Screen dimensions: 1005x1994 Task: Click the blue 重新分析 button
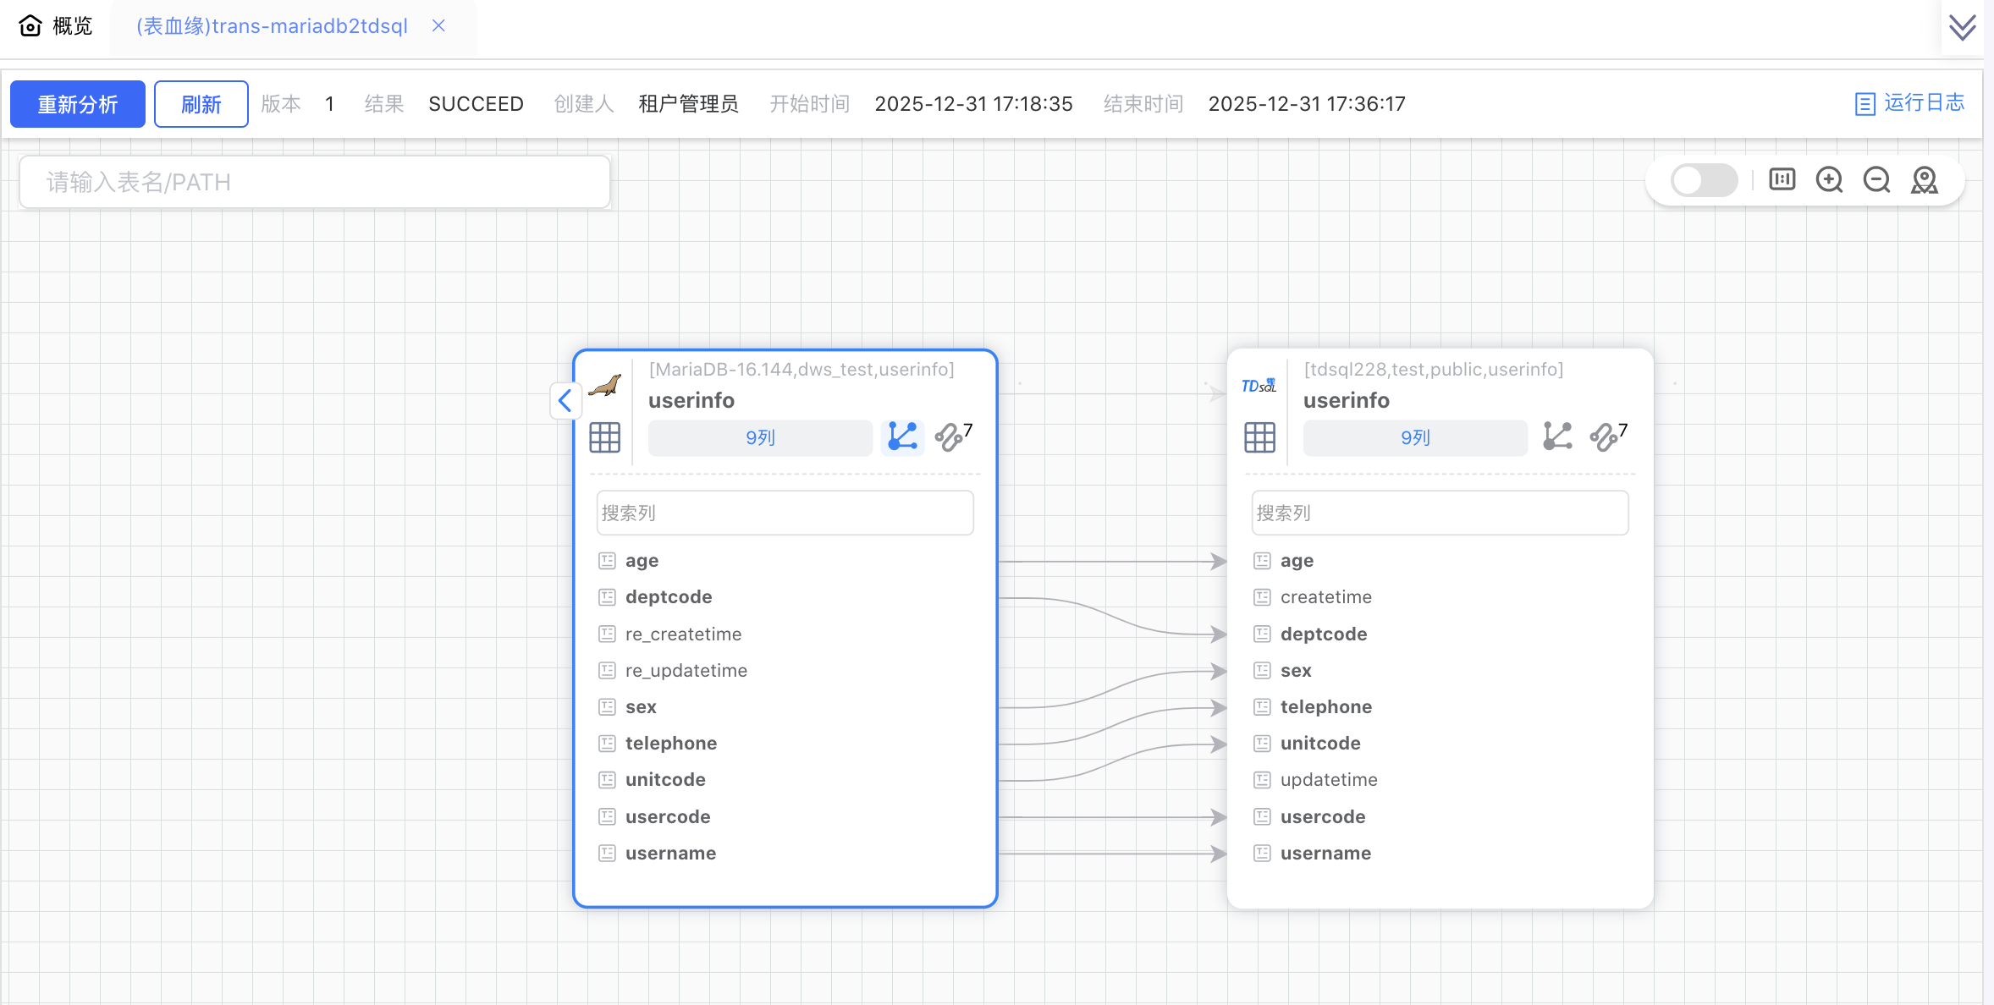coord(77,104)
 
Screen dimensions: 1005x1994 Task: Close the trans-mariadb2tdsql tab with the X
coord(438,25)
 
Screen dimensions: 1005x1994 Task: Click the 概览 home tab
coord(56,25)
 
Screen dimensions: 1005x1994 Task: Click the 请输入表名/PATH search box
coord(314,182)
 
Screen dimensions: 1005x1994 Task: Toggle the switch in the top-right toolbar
coord(1703,180)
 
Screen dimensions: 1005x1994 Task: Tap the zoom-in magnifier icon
coord(1829,180)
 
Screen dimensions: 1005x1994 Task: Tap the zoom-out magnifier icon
coord(1876,180)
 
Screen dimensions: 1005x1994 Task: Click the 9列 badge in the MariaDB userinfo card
coord(759,437)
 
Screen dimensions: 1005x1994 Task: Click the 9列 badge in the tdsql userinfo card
coord(1414,437)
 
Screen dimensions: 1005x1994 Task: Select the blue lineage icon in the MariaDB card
coord(902,437)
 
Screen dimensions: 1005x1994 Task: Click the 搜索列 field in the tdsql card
coord(1439,513)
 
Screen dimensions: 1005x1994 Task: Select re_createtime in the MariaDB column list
coord(683,634)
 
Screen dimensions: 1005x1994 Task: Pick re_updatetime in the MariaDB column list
coord(686,670)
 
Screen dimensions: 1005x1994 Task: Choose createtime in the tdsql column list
coord(1325,596)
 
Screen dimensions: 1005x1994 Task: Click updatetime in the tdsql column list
coord(1328,779)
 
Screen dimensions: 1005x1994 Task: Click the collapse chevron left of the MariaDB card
coord(565,400)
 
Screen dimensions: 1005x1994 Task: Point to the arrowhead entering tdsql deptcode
coord(1219,634)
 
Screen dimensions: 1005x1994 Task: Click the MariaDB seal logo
coord(605,386)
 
